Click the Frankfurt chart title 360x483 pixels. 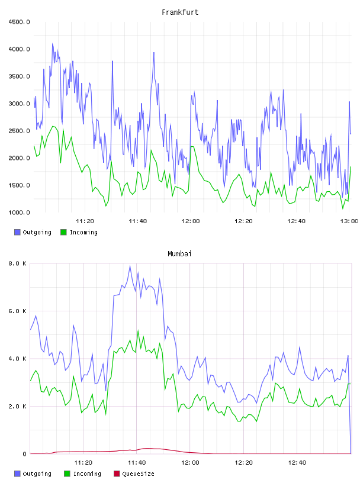[x=180, y=12]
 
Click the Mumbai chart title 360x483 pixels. [x=179, y=253]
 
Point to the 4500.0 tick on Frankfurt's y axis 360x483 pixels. [x=19, y=22]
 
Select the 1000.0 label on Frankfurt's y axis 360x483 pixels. [x=19, y=212]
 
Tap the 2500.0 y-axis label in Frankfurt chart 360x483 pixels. [x=19, y=131]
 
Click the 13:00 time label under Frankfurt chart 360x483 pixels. [x=349, y=221]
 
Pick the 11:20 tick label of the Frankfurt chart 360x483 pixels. [x=85, y=221]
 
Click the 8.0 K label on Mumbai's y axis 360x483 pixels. [x=18, y=263]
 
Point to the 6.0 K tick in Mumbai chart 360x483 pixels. [x=18, y=311]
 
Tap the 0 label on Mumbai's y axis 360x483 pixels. [x=24, y=454]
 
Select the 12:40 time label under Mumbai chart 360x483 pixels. [x=297, y=462]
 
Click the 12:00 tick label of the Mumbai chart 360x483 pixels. [x=190, y=462]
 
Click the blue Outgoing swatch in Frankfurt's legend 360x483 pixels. [x=17, y=232]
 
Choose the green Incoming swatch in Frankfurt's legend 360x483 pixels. [x=63, y=232]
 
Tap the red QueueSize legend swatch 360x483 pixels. [x=117, y=474]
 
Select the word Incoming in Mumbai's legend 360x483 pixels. [x=87, y=474]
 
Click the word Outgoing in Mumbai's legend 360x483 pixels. [x=37, y=474]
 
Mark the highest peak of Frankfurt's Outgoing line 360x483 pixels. [x=52, y=43]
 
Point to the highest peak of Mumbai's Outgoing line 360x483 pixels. [x=130, y=266]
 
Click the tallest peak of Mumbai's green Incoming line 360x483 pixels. [x=138, y=330]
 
